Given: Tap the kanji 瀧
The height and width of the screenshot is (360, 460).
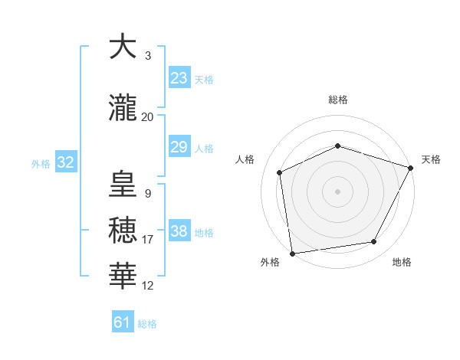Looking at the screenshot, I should click(x=124, y=108).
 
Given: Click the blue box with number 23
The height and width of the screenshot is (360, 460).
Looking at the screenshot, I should click(x=179, y=78).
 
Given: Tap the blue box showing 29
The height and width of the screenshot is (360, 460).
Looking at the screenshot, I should click(x=179, y=147).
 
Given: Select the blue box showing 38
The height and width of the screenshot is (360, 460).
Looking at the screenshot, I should click(x=179, y=231).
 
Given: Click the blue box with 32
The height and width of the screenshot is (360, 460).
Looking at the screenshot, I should click(x=65, y=162).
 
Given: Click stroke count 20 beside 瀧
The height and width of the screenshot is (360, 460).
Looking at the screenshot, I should click(x=148, y=117).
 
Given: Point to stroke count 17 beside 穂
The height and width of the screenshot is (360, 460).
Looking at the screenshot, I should click(x=148, y=239).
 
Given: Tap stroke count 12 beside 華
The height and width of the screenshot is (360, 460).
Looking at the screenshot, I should click(x=148, y=285).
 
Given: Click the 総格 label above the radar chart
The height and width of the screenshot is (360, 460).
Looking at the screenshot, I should click(x=338, y=100).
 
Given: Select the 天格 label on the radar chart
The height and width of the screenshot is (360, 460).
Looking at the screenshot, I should click(x=431, y=159).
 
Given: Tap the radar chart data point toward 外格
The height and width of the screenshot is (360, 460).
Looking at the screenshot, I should click(x=292, y=252).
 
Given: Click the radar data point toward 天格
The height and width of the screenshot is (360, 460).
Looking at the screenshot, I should click(x=411, y=168).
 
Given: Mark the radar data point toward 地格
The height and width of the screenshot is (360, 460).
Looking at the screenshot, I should click(x=374, y=242).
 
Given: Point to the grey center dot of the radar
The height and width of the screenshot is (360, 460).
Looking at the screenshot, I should click(x=337, y=191).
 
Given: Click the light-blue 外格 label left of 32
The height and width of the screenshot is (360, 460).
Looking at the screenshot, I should click(x=41, y=163).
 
